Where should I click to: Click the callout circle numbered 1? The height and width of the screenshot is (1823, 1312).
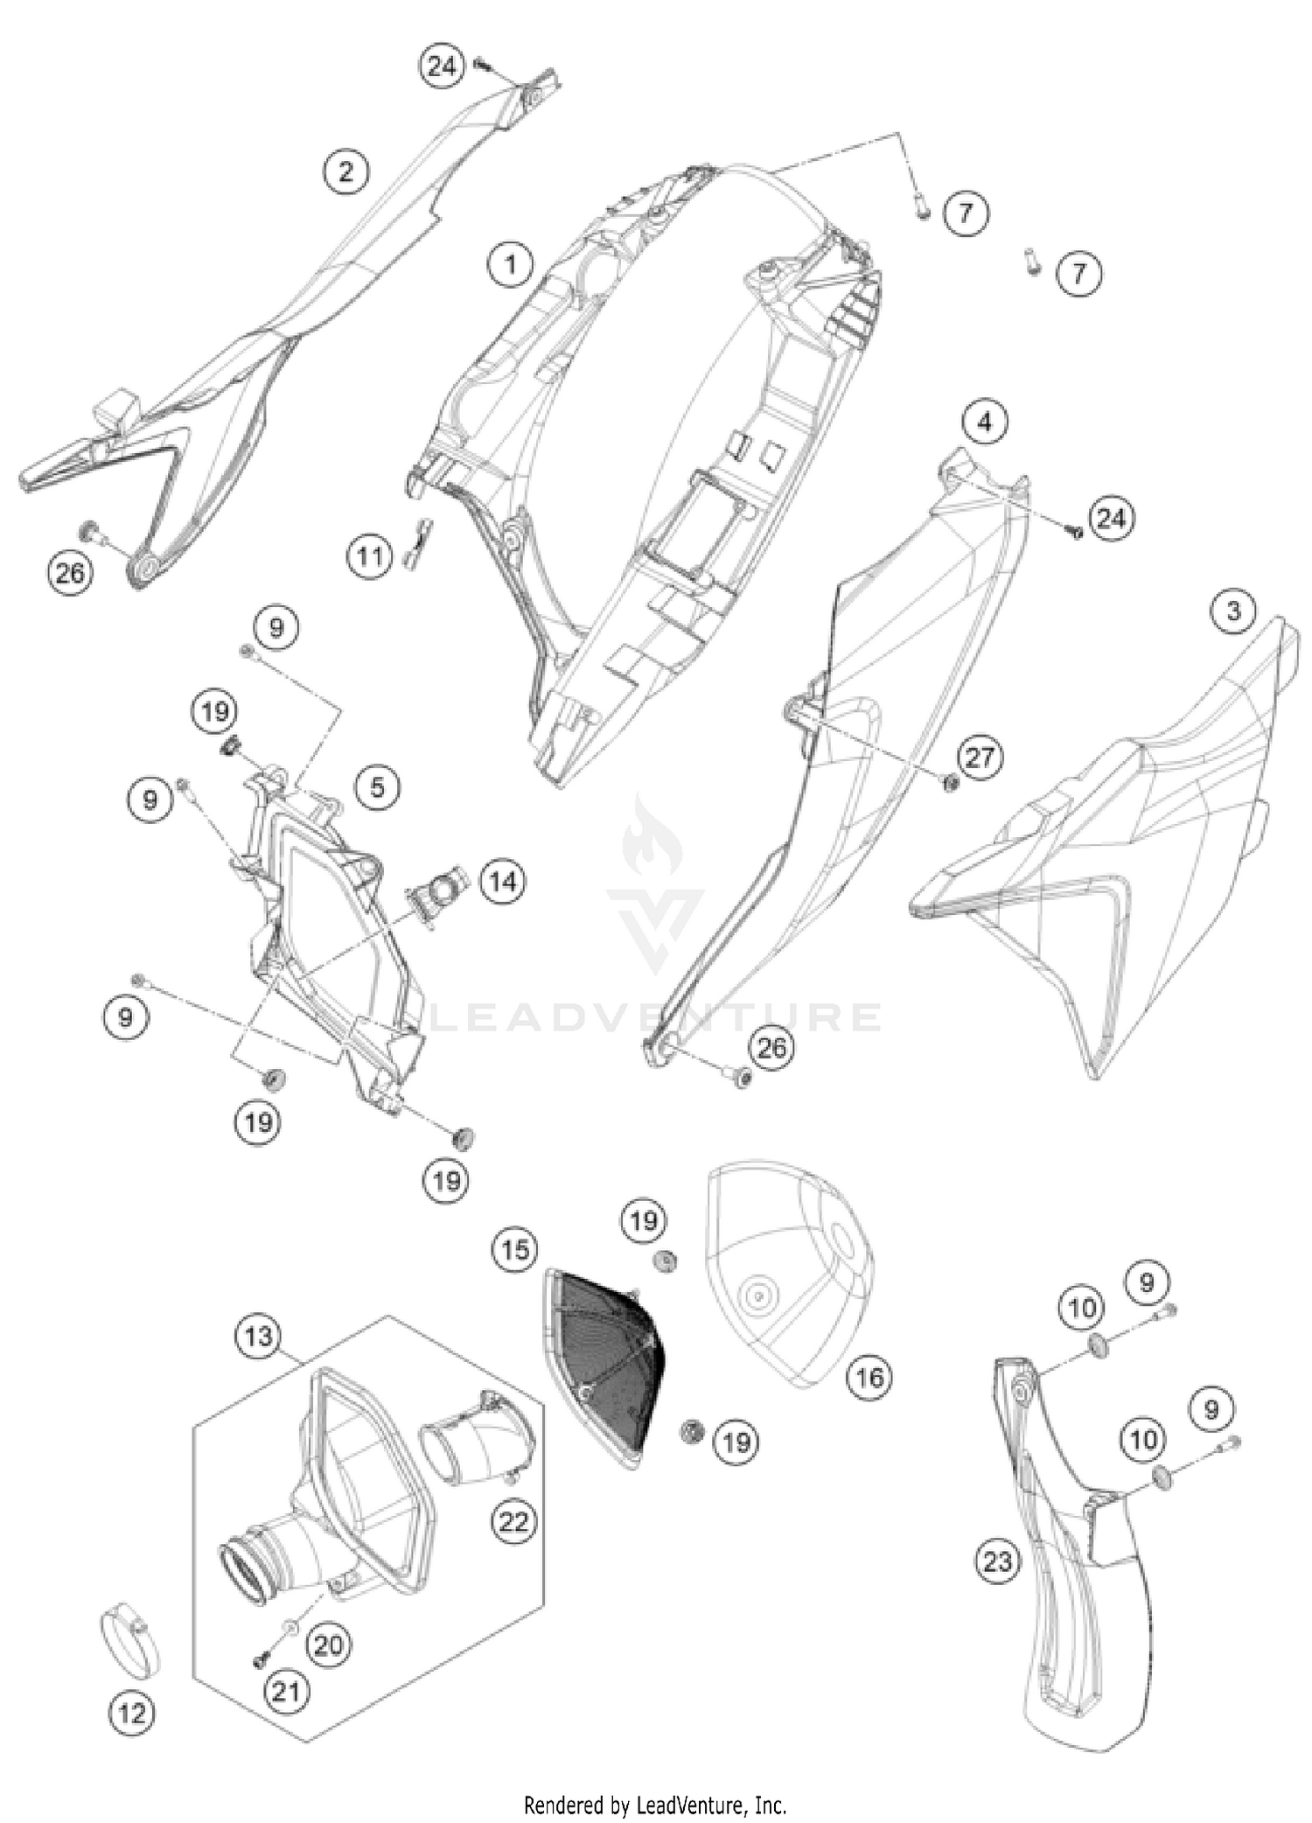[511, 263]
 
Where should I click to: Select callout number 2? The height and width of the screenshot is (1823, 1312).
[346, 171]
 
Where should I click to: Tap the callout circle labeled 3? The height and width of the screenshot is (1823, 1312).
[1233, 611]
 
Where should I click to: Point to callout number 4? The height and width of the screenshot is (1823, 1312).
[985, 423]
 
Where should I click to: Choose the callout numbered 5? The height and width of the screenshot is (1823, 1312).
[377, 787]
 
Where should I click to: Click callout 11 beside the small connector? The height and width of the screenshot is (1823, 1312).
[370, 556]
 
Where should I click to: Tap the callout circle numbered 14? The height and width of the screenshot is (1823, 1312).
[502, 881]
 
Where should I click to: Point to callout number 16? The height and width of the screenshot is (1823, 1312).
[869, 1379]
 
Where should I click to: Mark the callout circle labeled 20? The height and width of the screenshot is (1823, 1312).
[329, 1645]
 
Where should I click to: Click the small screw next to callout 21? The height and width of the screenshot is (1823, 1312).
[260, 1659]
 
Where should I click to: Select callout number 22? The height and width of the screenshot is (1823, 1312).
[514, 1522]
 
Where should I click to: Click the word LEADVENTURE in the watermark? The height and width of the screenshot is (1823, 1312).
[656, 1017]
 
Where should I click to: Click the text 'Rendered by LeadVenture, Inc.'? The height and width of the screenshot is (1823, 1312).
[655, 1804]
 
